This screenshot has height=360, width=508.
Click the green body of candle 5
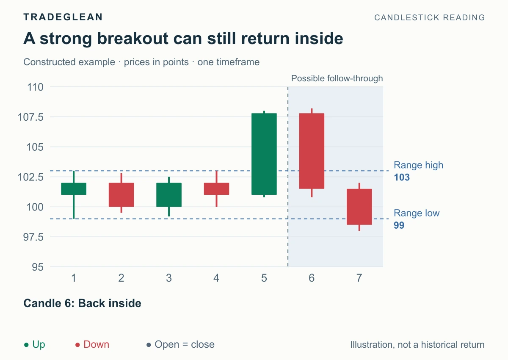pyautogui.click(x=264, y=154)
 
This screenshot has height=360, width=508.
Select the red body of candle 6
pyautogui.click(x=312, y=151)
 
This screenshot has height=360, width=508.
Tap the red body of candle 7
pyautogui.click(x=359, y=207)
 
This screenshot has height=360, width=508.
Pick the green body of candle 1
pyautogui.click(x=74, y=189)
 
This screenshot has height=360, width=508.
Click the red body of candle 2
pyautogui.click(x=121, y=195)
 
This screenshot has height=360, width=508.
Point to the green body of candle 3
pyautogui.click(x=169, y=195)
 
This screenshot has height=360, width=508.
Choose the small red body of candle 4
pyautogui.click(x=217, y=189)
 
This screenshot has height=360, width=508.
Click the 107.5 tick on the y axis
pyautogui.click(x=30, y=117)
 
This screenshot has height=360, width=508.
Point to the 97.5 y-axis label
pyautogui.click(x=33, y=237)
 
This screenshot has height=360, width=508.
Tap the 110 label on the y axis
pyautogui.click(x=35, y=87)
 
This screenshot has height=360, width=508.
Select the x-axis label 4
pyautogui.click(x=216, y=278)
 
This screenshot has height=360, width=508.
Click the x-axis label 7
pyautogui.click(x=359, y=278)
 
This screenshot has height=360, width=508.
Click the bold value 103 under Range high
pyautogui.click(x=402, y=177)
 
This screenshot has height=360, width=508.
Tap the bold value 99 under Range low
pyautogui.click(x=399, y=225)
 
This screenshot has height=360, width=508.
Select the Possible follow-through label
pyautogui.click(x=337, y=78)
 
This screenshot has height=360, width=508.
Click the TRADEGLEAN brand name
pyautogui.click(x=63, y=17)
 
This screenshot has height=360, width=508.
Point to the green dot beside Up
pyautogui.click(x=26, y=345)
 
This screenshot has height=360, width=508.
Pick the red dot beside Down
pyautogui.click(x=77, y=345)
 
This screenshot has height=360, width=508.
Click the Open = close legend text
pyautogui.click(x=185, y=345)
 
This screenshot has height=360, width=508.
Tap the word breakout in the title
pyautogui.click(x=133, y=39)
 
